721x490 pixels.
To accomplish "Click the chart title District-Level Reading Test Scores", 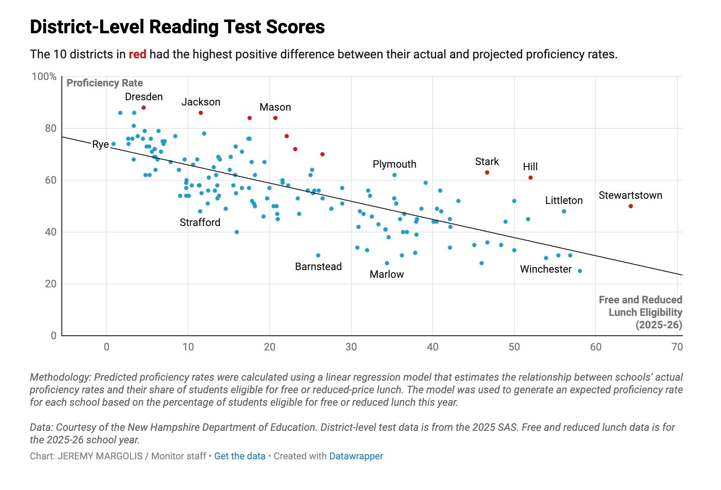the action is tap(177, 27).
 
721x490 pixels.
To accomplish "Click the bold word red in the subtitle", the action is tap(137, 54).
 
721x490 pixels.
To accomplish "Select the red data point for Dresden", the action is tap(144, 108).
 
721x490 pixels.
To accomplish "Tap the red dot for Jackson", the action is tap(201, 113).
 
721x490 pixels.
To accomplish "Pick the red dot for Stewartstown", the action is tap(631, 206).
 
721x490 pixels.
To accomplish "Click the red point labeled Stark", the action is tap(487, 172).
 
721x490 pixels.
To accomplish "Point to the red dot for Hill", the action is tap(530, 178).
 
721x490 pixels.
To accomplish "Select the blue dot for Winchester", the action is tap(580, 271).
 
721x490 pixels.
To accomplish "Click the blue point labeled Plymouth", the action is tap(394, 175).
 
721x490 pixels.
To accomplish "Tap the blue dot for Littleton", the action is tap(564, 211).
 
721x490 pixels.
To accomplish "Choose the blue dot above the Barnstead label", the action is tap(318, 255).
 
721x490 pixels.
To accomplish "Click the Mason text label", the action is tap(275, 107).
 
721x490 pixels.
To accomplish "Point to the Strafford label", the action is tap(200, 223).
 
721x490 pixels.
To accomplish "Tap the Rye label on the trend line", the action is tap(100, 144).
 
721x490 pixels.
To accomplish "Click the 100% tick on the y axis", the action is tap(44, 76).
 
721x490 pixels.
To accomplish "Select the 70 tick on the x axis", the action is tap(677, 347).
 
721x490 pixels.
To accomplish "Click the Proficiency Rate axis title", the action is tap(105, 83).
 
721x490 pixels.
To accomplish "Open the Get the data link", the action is tap(240, 456).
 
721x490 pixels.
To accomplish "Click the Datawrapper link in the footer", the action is tap(356, 456).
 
